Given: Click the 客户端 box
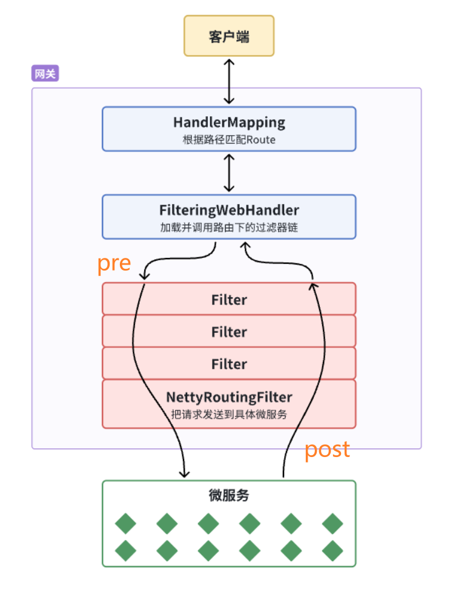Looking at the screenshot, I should [229, 36].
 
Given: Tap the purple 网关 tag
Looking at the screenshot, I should [45, 74].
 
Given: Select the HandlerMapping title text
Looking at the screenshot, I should [229, 122].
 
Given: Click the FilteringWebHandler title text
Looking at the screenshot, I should [229, 210].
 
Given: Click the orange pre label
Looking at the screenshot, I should [114, 263].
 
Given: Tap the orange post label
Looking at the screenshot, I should [327, 449].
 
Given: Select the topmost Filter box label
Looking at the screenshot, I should [229, 300].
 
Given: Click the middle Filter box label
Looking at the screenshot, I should [229, 332].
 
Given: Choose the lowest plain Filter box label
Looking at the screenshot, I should [229, 364].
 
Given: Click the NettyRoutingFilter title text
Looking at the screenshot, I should [229, 397].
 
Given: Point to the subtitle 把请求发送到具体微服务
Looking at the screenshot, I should [229, 415].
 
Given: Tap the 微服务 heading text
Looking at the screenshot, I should [229, 496].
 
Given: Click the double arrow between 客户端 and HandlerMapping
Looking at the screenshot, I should [228, 81].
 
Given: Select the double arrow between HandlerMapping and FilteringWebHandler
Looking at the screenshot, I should [228, 173].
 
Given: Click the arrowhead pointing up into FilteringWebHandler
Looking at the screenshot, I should [244, 246].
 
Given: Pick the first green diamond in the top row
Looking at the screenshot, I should [126, 524].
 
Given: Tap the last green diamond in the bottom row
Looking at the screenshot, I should [332, 550].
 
